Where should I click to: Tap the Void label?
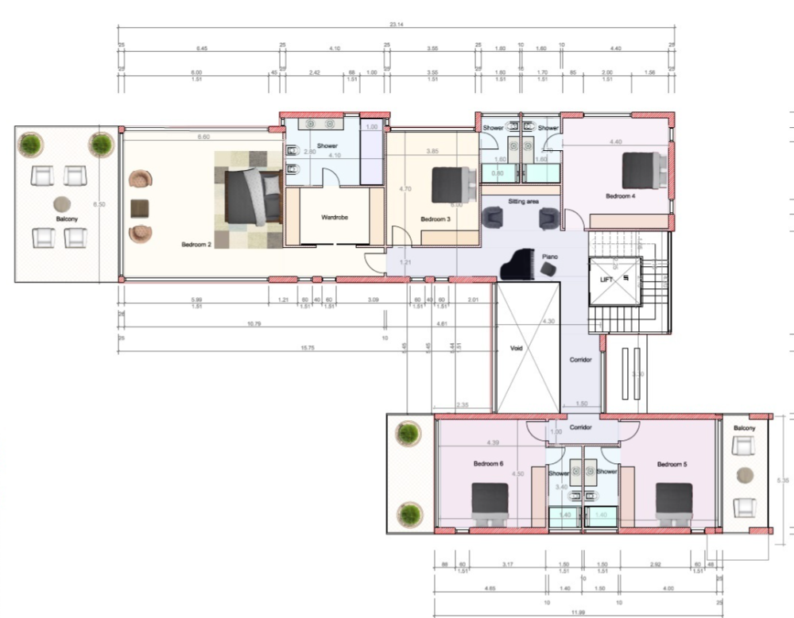coord(516,347)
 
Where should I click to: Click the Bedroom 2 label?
coord(196,245)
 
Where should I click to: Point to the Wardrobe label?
coord(335,217)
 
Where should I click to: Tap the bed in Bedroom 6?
coord(490,504)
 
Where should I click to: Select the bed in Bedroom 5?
coord(674,504)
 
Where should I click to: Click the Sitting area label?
coord(523,202)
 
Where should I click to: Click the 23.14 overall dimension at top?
coord(394,25)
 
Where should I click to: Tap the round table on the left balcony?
coord(61,203)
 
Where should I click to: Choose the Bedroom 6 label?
coord(488,464)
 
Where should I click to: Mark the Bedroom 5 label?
coord(672,464)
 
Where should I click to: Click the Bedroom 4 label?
coord(621,195)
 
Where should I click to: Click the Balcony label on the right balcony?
coord(745,428)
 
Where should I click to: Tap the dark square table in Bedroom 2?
coord(140,208)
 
